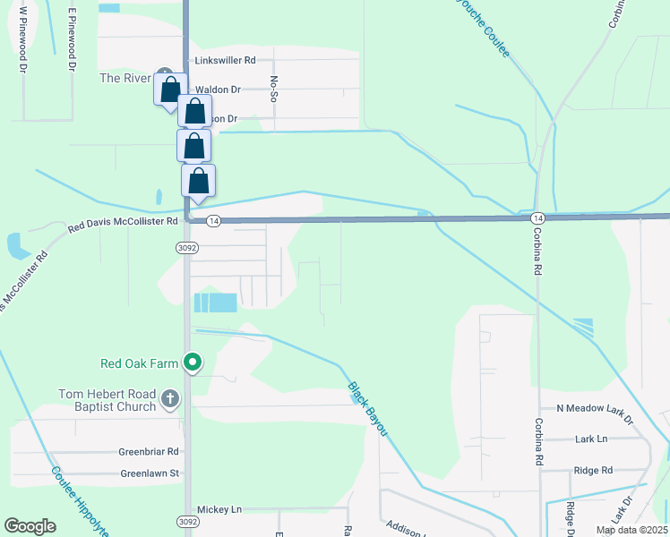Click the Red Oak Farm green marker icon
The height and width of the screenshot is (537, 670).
(192, 362)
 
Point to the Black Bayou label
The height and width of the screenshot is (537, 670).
(367, 410)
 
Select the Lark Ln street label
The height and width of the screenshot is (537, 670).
(590, 439)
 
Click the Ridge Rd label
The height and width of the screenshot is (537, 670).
(594, 470)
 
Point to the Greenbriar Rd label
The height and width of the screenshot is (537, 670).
(149, 452)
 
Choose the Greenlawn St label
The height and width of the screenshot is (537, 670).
(150, 473)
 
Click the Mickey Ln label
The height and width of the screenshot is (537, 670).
(219, 509)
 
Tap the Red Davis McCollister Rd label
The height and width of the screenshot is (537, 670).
(125, 220)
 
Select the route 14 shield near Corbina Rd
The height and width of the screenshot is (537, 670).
(537, 218)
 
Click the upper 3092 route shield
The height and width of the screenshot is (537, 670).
(186, 247)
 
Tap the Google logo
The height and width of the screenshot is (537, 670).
(30, 526)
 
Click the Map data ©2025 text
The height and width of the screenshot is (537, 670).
(631, 530)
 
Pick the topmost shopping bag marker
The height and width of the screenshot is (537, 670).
(170, 90)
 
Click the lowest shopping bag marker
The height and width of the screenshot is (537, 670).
(199, 181)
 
